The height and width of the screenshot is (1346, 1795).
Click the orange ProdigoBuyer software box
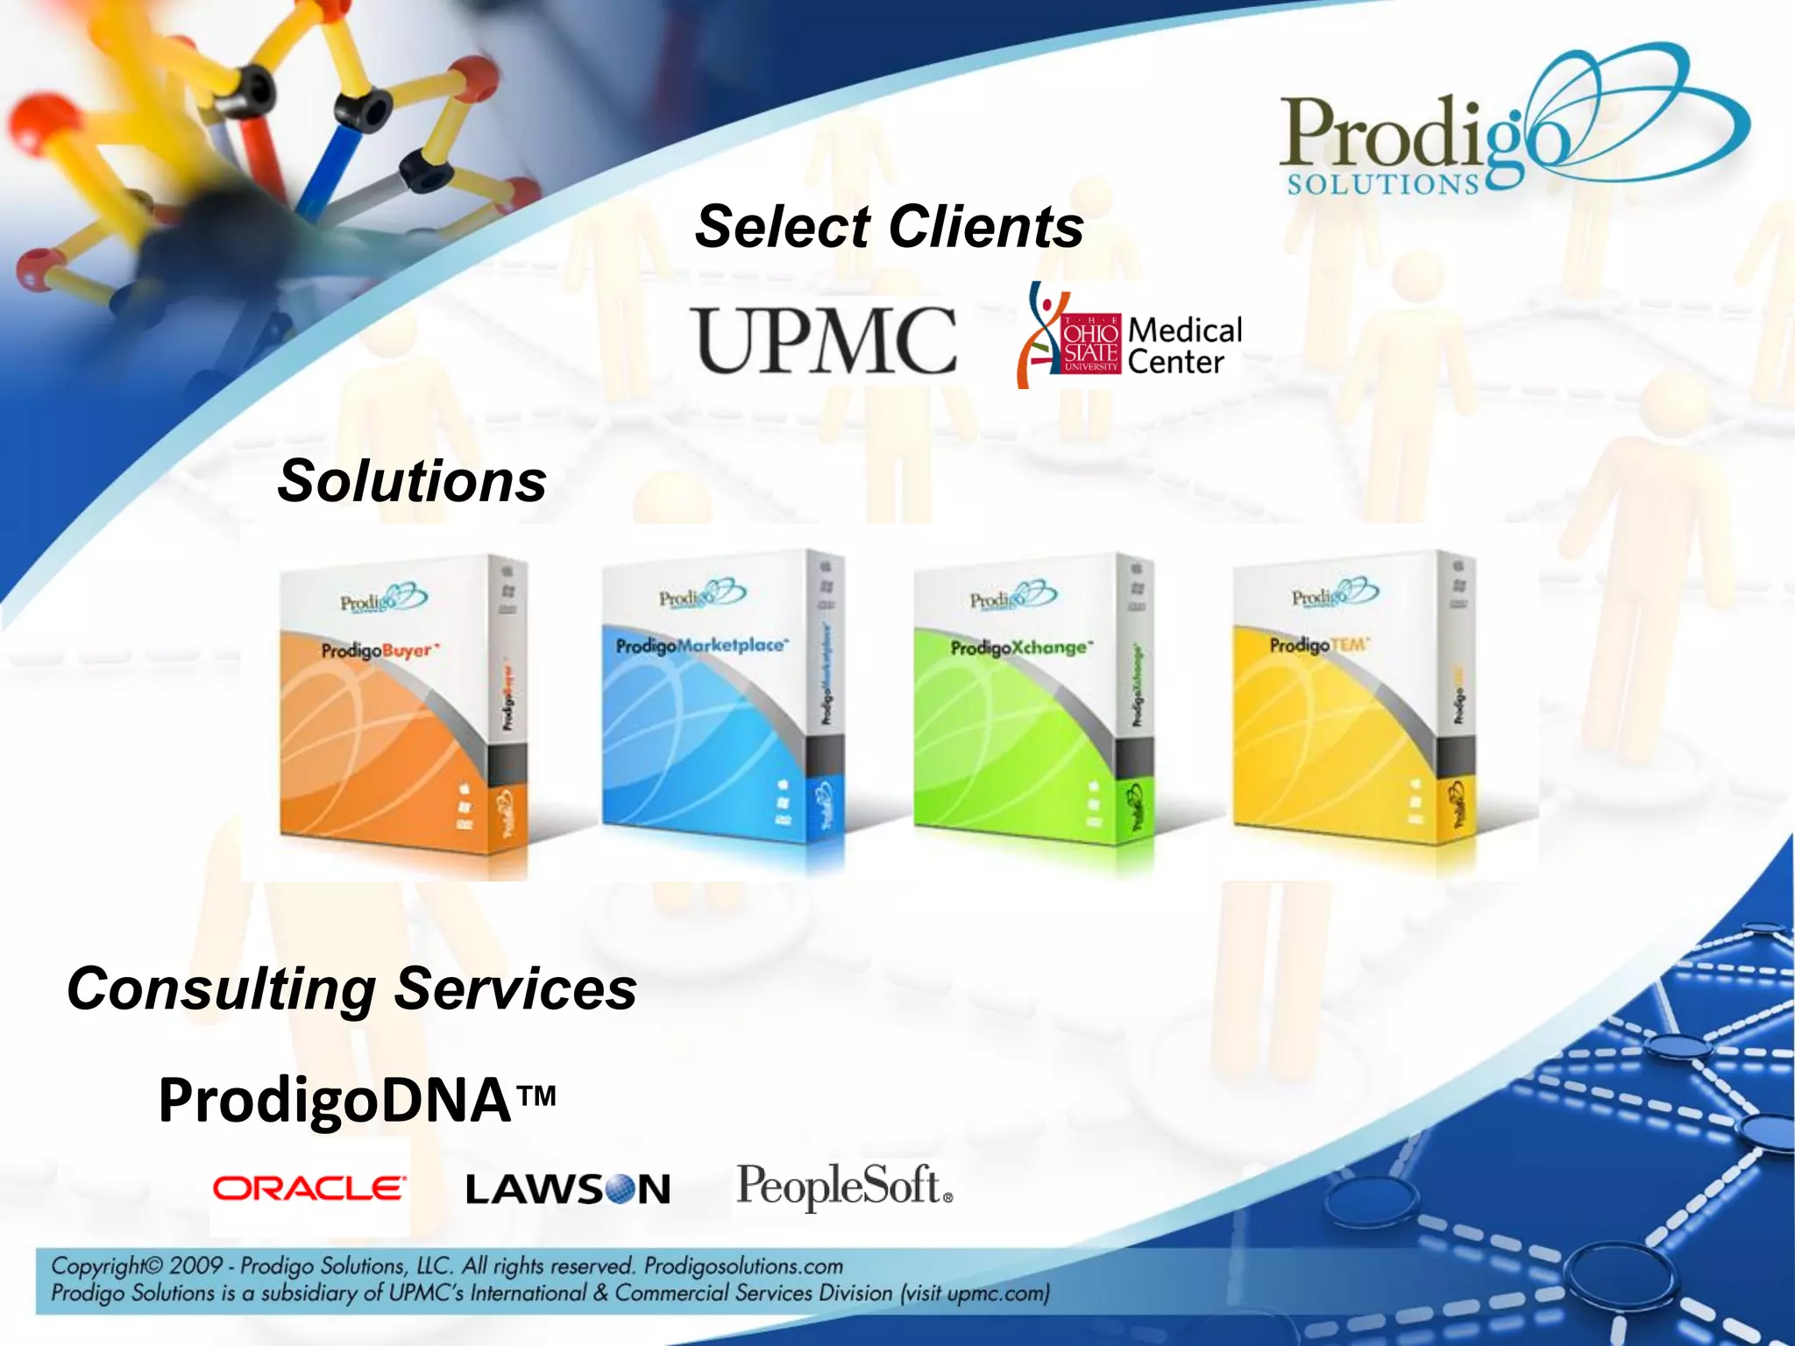coord(403,701)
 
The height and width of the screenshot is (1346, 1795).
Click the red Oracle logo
coord(309,1188)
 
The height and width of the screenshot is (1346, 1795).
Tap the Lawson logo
coord(568,1189)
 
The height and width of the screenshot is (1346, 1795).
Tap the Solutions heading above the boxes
coord(412,481)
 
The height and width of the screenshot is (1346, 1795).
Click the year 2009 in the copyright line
coord(196,1265)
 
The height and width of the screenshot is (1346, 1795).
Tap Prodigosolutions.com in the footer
coord(743,1265)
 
